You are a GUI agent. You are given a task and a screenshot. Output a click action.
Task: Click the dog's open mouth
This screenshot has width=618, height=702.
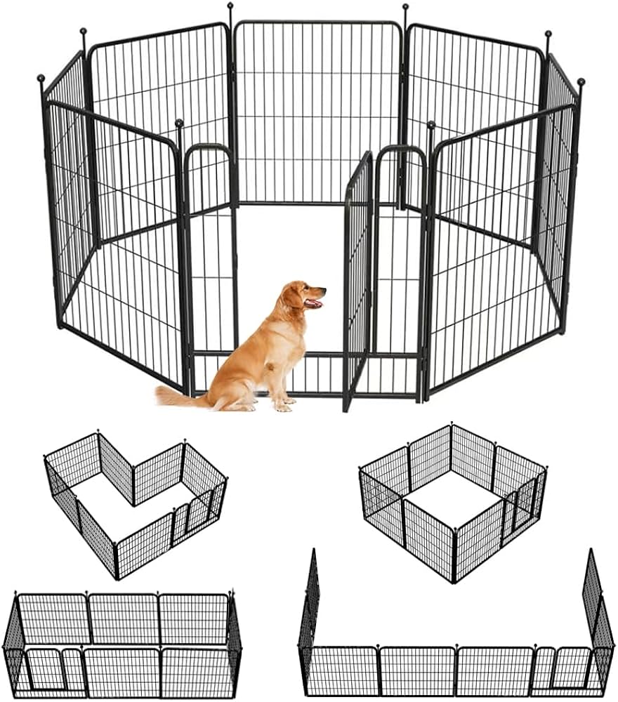click(314, 303)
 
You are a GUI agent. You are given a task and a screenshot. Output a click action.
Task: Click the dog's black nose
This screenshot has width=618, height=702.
click(324, 289)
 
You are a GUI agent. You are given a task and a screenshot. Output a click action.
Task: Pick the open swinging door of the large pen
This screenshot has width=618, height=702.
click(357, 281)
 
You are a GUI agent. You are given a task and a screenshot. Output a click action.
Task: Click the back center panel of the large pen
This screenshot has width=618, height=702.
click(317, 112)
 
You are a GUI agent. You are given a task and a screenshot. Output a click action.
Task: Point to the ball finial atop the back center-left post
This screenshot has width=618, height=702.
click(230, 6)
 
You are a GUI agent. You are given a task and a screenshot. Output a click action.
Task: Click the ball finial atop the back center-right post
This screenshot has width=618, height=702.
click(405, 7)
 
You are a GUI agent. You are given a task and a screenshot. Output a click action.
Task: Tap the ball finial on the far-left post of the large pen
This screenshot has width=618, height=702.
click(41, 78)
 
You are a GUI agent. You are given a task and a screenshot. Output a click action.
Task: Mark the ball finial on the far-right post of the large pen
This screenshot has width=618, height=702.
click(581, 82)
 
